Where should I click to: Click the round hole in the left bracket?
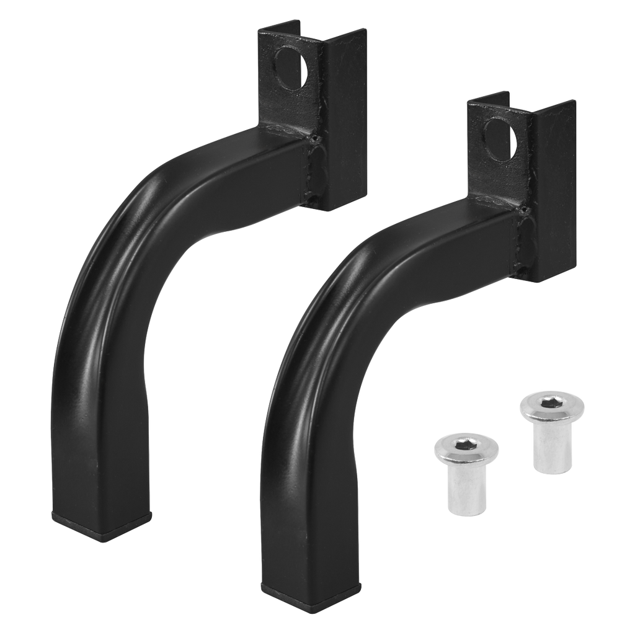pos(291,66)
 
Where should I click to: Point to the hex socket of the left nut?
pos(457,445)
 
